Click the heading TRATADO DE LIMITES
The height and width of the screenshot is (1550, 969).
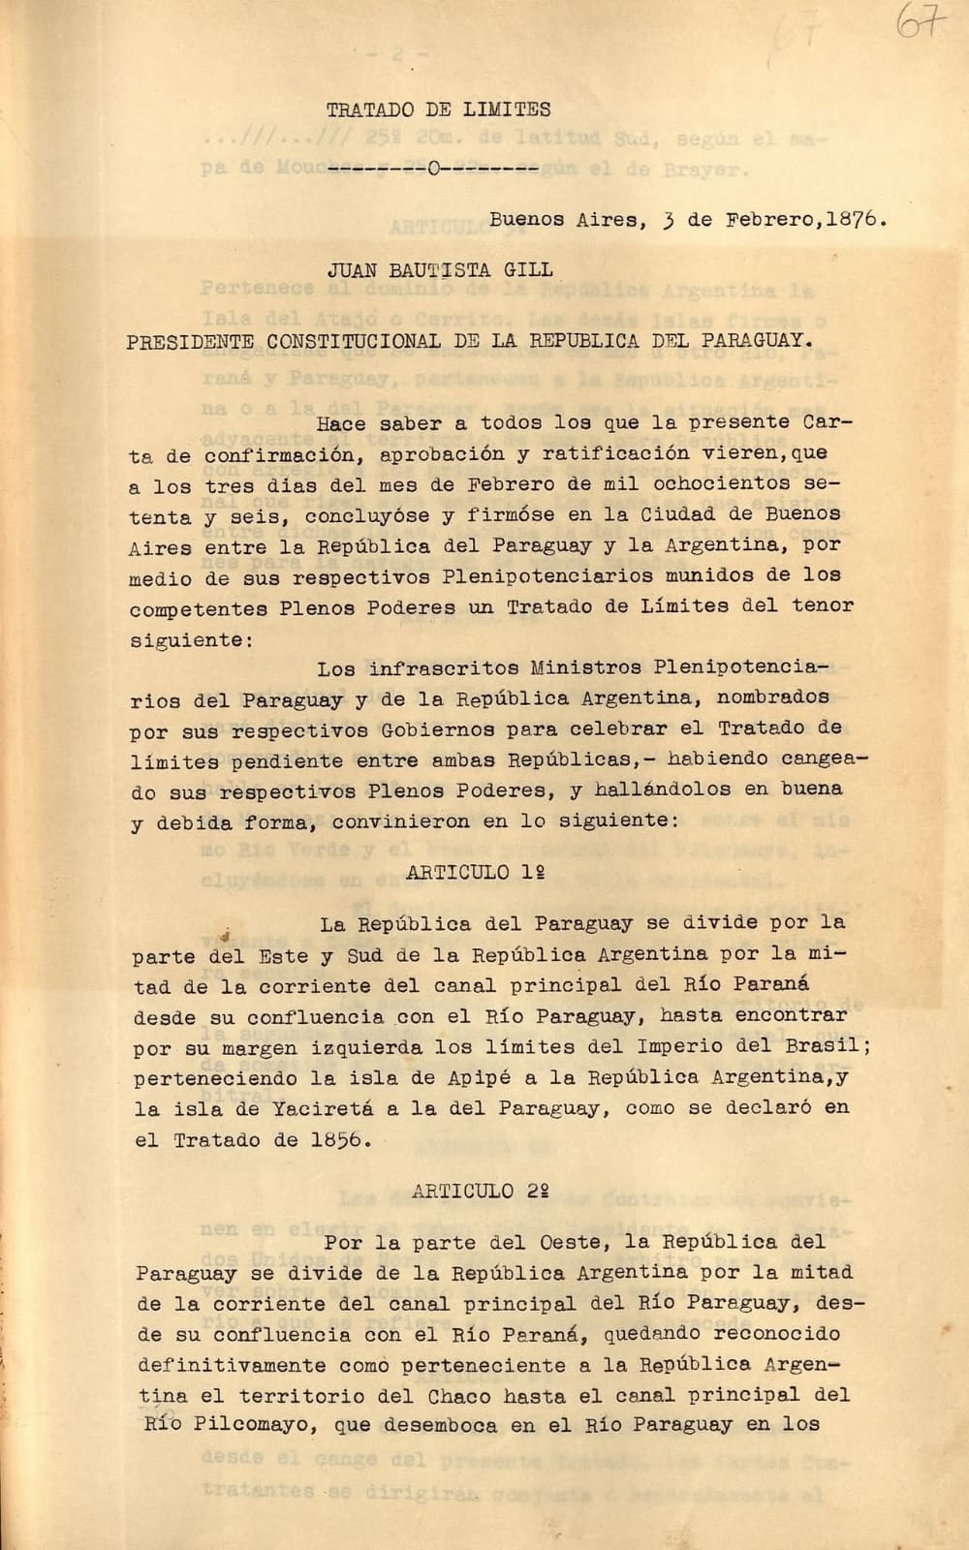(x=438, y=110)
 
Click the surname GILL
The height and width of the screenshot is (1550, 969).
(x=528, y=270)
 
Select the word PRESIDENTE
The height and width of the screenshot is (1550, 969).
(x=190, y=341)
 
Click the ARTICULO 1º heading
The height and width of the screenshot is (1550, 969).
(x=474, y=872)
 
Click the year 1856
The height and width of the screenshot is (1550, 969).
(x=339, y=1140)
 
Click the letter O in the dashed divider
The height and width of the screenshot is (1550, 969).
(x=433, y=171)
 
